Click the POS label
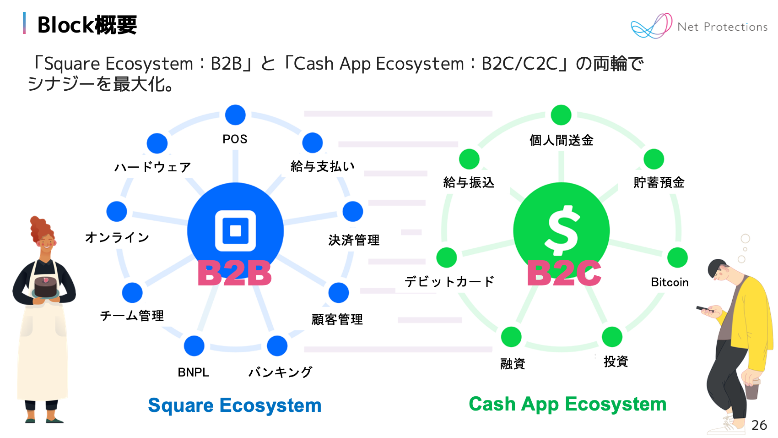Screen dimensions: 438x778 (235, 139)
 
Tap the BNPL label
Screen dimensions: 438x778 (193, 372)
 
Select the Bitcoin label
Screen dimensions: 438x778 (670, 282)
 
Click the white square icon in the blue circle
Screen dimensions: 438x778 (235, 230)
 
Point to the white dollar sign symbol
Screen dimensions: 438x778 (562, 230)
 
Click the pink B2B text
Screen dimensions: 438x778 (235, 273)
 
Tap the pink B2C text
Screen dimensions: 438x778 (564, 273)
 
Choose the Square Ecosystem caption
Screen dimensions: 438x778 (234, 405)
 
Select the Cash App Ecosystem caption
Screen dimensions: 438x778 (567, 404)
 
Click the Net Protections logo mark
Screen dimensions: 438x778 (652, 26)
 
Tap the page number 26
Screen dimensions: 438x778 (759, 425)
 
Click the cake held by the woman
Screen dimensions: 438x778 (45, 287)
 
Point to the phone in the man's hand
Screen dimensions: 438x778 (702, 309)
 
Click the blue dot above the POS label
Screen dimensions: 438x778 (235, 115)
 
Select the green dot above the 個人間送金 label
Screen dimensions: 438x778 (561, 115)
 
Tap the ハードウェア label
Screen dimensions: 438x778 (152, 167)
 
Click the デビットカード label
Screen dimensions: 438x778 (449, 281)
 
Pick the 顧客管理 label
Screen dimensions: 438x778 (337, 319)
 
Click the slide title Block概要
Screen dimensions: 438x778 (87, 25)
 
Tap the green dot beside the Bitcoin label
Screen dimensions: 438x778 (677, 257)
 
